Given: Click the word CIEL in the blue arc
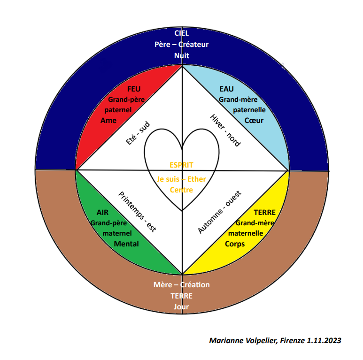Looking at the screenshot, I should tap(181, 33).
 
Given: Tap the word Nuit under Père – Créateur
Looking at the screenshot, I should tap(181, 55).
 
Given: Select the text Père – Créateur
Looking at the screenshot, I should tap(181, 44).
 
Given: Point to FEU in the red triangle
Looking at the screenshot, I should tap(134, 89).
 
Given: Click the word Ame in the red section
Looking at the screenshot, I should tap(108, 120).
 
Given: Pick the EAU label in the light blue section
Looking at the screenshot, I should tap(227, 89).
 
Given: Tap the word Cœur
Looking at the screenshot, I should tap(254, 120).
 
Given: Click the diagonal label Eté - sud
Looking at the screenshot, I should tap(138, 133).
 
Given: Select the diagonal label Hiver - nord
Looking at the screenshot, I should tap(225, 130).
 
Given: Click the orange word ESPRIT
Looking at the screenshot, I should tap(181, 165).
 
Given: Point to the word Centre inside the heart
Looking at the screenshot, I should tap(181, 190).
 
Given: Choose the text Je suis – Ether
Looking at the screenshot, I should tap(181, 179).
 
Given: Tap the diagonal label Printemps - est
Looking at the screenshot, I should tap(137, 212).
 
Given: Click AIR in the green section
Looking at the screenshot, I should tap(102, 212).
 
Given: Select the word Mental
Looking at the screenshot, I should tap(126, 244).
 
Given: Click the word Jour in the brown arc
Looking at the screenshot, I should tap(181, 307).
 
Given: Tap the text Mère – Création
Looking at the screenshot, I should tap(181, 285).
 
